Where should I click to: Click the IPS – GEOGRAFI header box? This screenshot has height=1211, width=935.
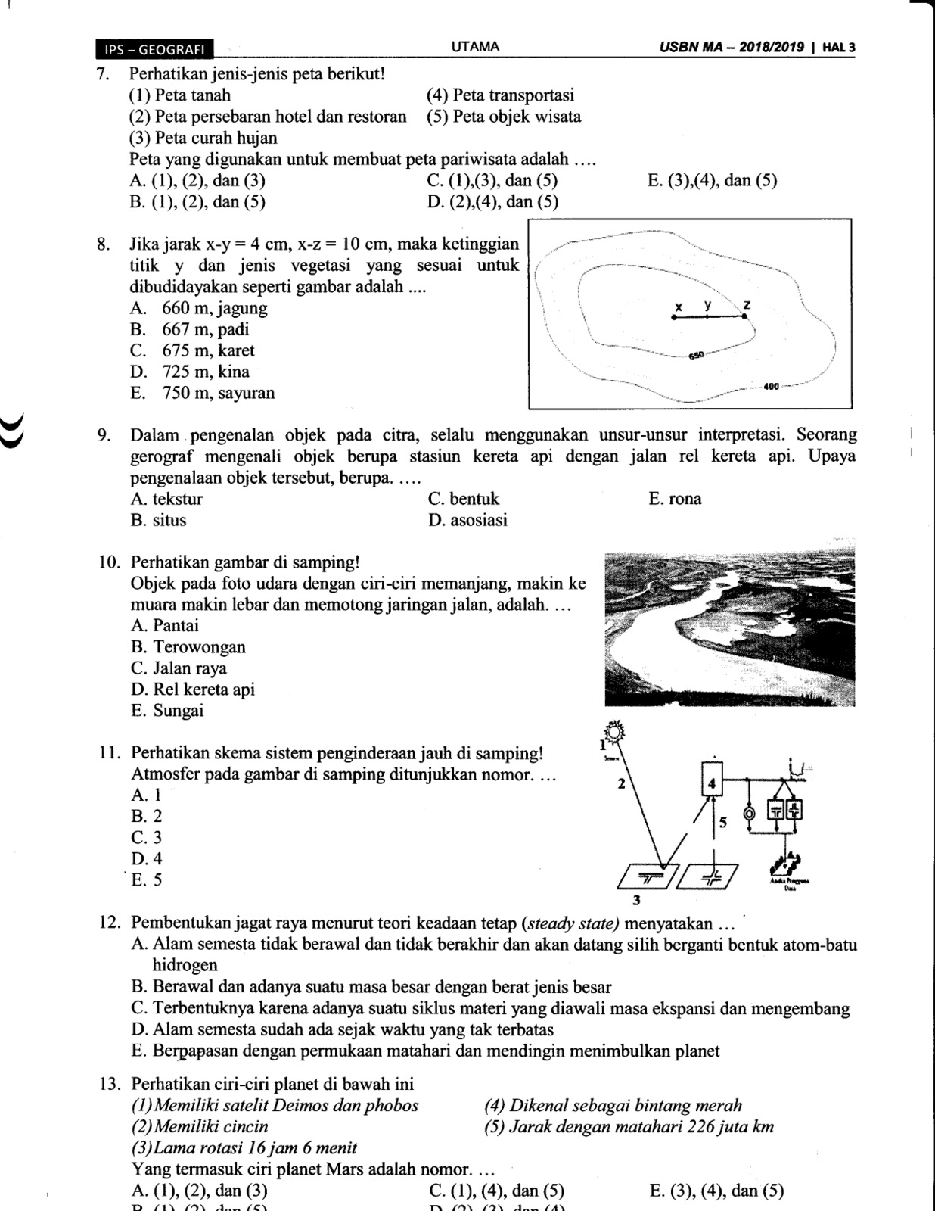(x=155, y=49)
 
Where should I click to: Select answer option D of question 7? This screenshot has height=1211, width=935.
(x=492, y=202)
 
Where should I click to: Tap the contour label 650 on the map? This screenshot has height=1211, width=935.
(x=696, y=355)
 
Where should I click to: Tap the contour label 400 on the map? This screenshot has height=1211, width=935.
(x=772, y=386)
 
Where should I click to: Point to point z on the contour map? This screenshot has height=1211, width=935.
(x=745, y=316)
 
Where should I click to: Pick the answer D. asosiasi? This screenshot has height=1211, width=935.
(x=467, y=520)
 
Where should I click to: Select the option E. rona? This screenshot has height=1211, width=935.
(x=675, y=499)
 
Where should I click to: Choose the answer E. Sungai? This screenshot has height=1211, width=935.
(x=167, y=711)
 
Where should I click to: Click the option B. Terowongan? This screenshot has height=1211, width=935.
(x=188, y=647)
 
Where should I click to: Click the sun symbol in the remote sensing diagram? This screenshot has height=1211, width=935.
(x=617, y=731)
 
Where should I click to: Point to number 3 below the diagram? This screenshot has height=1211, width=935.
(x=636, y=901)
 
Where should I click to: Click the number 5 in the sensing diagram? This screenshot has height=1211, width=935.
(x=723, y=822)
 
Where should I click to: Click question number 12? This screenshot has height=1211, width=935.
(x=110, y=923)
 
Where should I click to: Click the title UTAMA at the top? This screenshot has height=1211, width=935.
(x=475, y=47)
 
